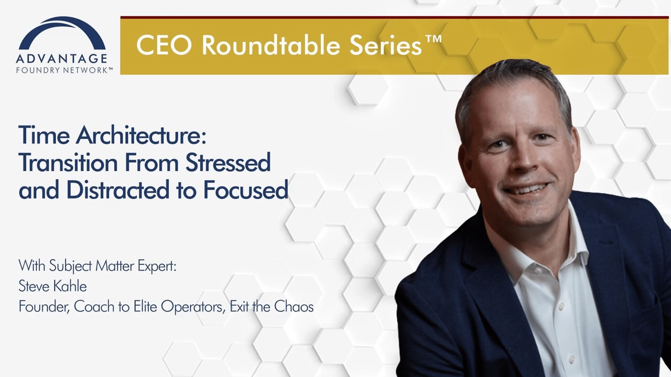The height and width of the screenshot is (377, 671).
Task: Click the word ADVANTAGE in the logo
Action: pyautogui.click(x=62, y=59)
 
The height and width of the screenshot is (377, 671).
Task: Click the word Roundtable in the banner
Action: pyautogui.click(x=271, y=45)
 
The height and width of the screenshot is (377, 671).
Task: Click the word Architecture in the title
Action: pyautogui.click(x=141, y=135)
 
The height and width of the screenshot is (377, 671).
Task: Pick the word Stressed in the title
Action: pyautogui.click(x=228, y=162)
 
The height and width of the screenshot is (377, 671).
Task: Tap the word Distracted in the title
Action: pyautogui.click(x=118, y=190)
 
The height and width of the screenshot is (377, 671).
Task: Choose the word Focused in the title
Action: pyautogui.click(x=246, y=190)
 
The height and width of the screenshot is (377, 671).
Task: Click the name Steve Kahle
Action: pyautogui.click(x=53, y=286)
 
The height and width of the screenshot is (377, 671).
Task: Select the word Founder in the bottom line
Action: pyautogui.click(x=44, y=307)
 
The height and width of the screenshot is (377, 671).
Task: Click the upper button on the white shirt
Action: pyautogui.click(x=560, y=305)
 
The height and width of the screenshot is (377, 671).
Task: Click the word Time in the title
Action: pyautogui.click(x=44, y=135)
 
